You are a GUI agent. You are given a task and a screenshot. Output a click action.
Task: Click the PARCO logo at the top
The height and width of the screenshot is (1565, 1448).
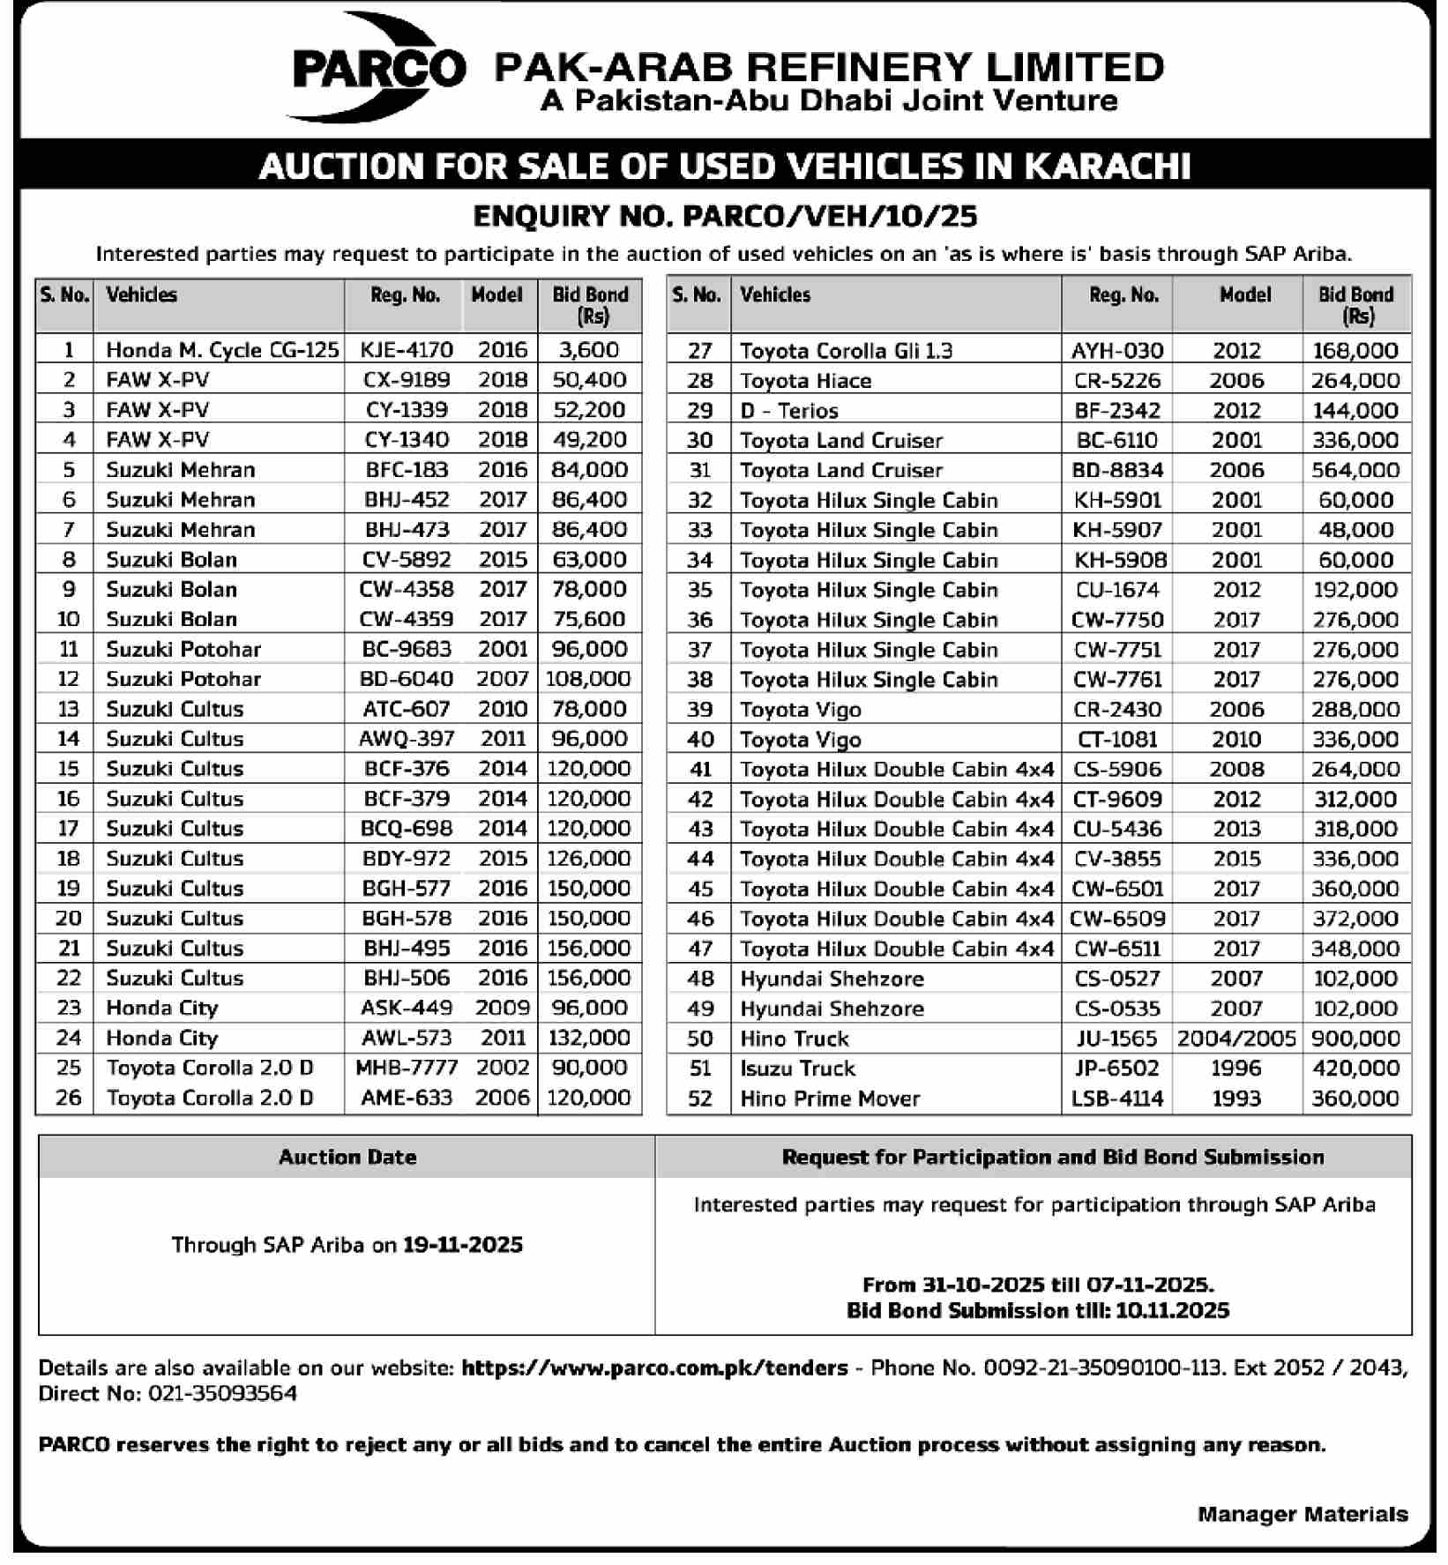(x=377, y=67)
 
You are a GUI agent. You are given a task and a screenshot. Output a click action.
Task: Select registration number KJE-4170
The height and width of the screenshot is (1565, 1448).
(x=406, y=350)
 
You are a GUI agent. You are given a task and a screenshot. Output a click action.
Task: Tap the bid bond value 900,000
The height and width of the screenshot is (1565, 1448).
(x=1355, y=1039)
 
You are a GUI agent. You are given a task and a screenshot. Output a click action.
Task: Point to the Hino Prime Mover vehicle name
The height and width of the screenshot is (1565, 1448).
(x=830, y=1099)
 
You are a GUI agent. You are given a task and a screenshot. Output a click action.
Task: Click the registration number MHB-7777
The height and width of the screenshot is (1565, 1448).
(x=406, y=1068)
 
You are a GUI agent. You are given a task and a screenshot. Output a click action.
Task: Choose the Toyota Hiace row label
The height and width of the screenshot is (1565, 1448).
(x=805, y=381)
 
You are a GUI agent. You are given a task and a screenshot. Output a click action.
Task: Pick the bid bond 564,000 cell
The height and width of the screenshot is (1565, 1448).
(x=1355, y=470)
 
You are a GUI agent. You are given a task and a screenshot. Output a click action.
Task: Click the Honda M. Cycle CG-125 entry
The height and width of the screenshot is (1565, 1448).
(x=222, y=350)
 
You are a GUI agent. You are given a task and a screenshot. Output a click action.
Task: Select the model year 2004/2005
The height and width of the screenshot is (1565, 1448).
(x=1236, y=1039)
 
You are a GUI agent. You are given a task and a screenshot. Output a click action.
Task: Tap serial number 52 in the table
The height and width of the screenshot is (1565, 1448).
(x=699, y=1099)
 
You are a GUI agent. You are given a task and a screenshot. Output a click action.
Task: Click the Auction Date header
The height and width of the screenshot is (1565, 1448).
(x=347, y=1158)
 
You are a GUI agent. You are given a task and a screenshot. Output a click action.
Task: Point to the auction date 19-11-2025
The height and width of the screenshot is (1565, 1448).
(x=463, y=1245)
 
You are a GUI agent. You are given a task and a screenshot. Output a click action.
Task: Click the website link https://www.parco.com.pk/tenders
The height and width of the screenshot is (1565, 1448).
(x=654, y=1368)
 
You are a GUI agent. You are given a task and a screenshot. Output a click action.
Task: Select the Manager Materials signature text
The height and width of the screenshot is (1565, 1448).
(x=1302, y=1514)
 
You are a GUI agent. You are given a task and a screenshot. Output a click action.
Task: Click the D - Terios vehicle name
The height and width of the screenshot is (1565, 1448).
(x=788, y=411)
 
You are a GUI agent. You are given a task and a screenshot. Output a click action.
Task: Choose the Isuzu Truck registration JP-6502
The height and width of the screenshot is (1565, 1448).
(x=1116, y=1069)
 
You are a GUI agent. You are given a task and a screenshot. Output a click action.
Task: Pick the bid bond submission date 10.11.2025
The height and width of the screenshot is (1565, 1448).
(x=1172, y=1310)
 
